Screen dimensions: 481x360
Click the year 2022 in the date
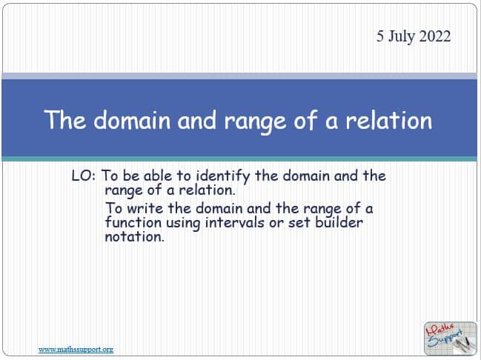click(435, 36)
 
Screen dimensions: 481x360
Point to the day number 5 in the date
click(380, 36)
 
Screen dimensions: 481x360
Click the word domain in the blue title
click(132, 120)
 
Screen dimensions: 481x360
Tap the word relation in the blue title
click(388, 120)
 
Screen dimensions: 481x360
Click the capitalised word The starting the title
click(64, 120)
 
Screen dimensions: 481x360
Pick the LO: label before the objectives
click(84, 176)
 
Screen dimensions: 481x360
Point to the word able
click(158, 176)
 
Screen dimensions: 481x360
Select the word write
click(145, 208)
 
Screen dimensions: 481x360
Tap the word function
click(133, 222)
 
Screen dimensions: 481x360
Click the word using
click(183, 223)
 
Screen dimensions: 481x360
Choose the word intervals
click(234, 222)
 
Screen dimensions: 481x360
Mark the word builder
click(339, 222)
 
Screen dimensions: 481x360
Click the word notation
click(134, 236)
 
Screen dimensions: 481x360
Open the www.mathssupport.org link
click(76, 350)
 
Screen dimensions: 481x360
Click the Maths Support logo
click(451, 339)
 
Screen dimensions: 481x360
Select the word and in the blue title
click(197, 120)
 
